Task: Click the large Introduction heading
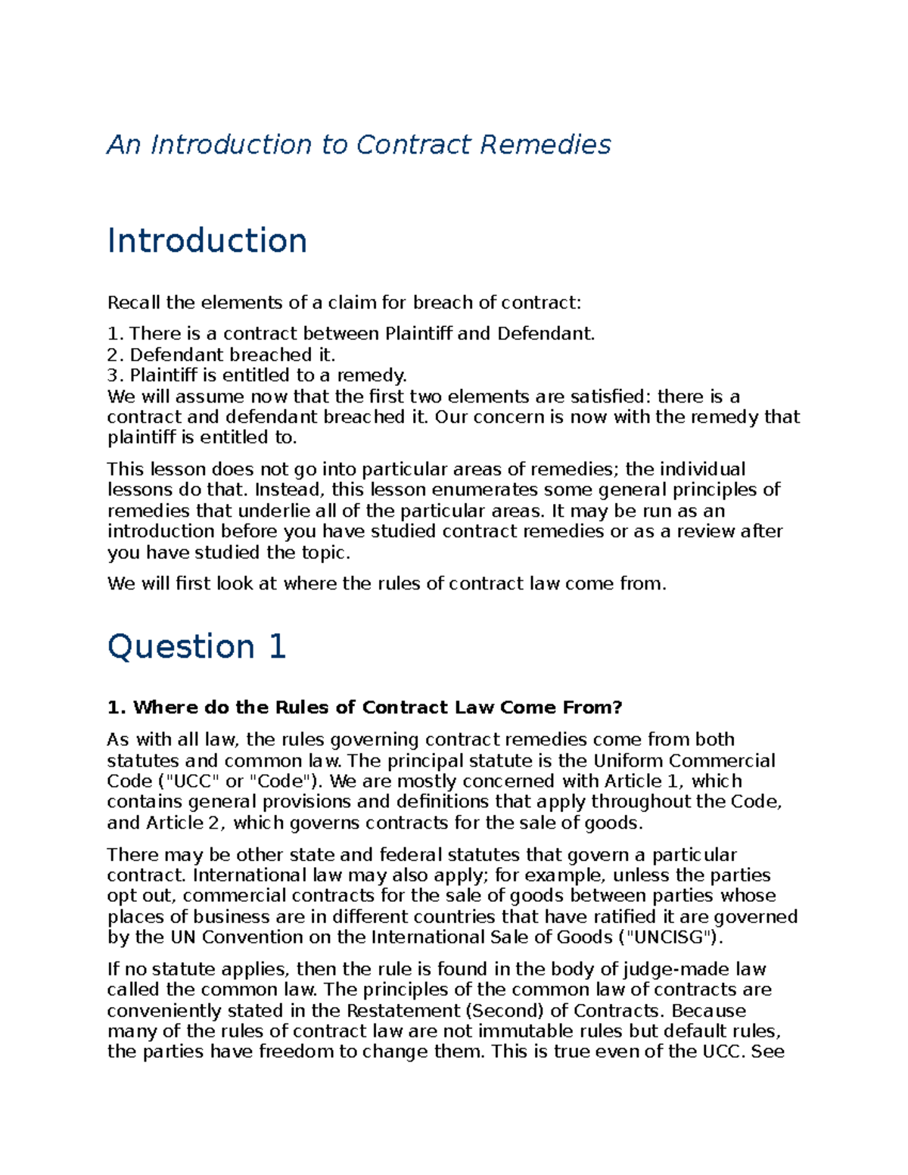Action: click(x=207, y=241)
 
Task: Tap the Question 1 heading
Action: click(x=197, y=647)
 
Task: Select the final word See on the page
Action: click(x=767, y=1052)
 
